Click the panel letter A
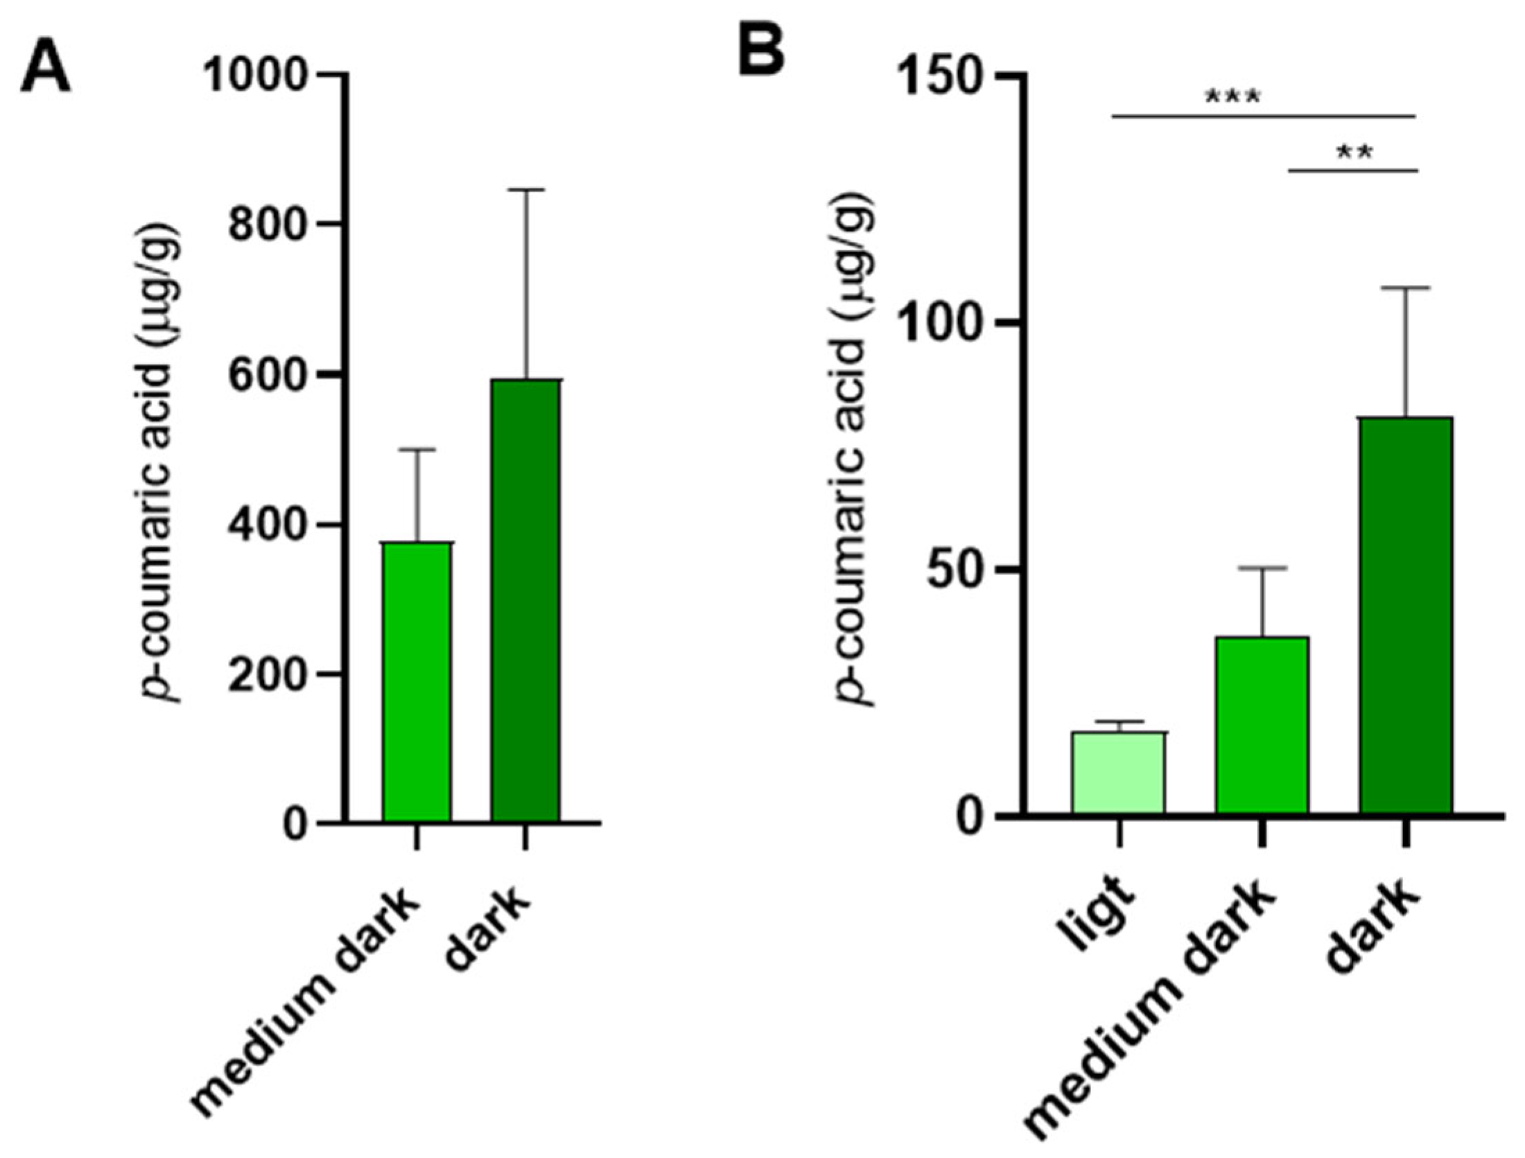[45, 68]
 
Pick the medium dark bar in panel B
[1262, 725]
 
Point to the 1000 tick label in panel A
[255, 75]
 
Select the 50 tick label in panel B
[960, 570]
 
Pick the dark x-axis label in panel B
[1372, 932]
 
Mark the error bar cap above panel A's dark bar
[525, 189]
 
